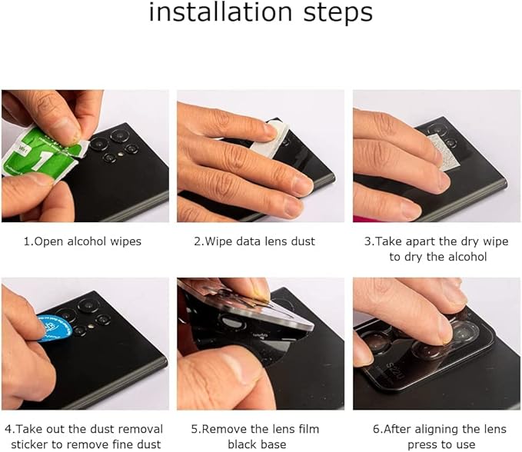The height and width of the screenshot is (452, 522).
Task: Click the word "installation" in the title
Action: click(221, 12)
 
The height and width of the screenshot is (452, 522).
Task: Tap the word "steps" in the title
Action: click(338, 14)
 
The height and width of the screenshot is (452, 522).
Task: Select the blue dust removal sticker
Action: click(55, 329)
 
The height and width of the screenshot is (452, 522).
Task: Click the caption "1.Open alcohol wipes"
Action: click(82, 241)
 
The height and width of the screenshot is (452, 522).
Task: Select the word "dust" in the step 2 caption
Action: click(303, 241)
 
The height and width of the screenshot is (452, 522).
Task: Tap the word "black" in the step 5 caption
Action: click(241, 444)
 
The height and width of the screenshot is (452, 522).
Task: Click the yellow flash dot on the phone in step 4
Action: click(91, 327)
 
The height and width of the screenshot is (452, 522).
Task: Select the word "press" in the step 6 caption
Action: click(423, 445)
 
